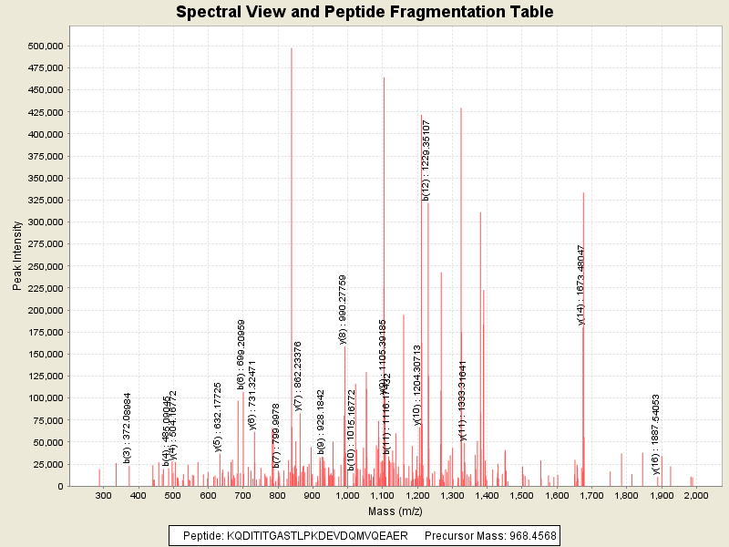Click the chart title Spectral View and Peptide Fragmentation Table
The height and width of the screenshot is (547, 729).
click(364, 13)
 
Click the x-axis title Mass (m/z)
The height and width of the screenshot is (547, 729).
click(394, 511)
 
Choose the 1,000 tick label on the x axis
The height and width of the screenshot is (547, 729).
click(347, 495)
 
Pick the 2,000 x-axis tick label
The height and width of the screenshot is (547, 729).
click(695, 495)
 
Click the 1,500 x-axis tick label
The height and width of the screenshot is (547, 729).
click(521, 495)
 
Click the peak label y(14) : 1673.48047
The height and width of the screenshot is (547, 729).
click(580, 284)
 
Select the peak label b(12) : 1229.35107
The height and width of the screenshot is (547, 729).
click(426, 160)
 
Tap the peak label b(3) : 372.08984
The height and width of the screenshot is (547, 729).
click(128, 428)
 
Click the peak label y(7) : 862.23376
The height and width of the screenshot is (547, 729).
click(298, 376)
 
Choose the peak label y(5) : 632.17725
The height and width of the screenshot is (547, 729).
click(218, 417)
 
